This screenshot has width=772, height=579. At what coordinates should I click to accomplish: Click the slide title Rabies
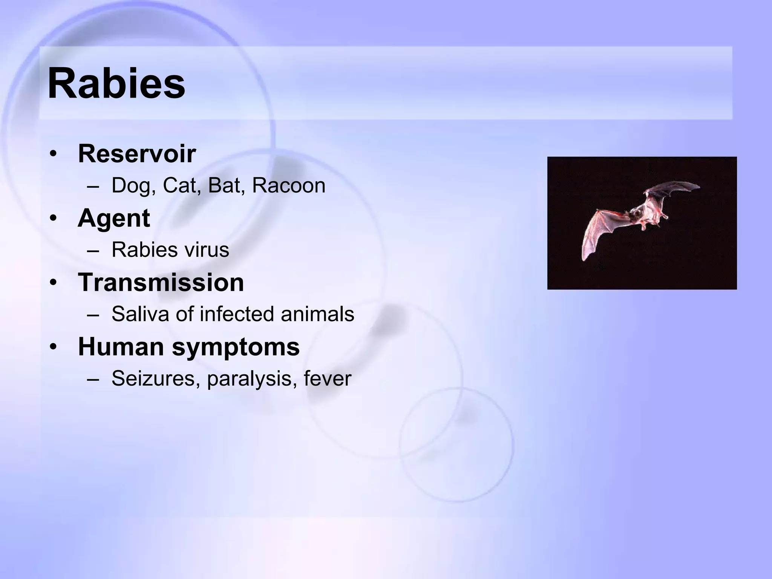coord(116,83)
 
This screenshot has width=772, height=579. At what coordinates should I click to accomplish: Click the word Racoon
coord(288,186)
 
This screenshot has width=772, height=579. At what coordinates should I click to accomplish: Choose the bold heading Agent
coord(114,218)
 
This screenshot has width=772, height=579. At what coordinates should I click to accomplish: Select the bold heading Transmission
coord(161,282)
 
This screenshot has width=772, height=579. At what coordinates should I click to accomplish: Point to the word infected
coord(236,314)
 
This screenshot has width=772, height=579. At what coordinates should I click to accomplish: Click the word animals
coord(317,314)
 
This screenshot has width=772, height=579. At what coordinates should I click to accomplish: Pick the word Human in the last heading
coord(121,347)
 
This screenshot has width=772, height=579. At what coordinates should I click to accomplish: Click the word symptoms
coord(236,347)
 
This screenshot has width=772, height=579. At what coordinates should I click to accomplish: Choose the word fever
coord(327,378)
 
